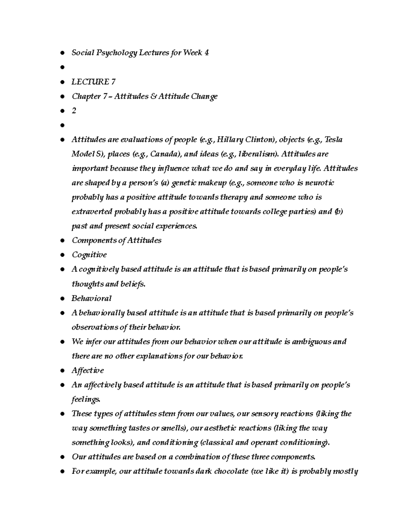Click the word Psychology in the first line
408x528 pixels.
point(116,53)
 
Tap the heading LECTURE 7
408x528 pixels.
point(93,82)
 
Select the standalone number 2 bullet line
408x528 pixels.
point(74,111)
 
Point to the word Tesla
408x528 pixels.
point(334,140)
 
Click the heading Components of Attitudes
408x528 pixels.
point(116,240)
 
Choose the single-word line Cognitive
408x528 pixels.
point(89,255)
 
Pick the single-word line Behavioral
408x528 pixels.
point(91,299)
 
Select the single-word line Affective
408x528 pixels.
point(88,371)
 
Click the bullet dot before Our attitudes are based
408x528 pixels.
point(62,457)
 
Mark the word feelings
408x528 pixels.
point(85,399)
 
